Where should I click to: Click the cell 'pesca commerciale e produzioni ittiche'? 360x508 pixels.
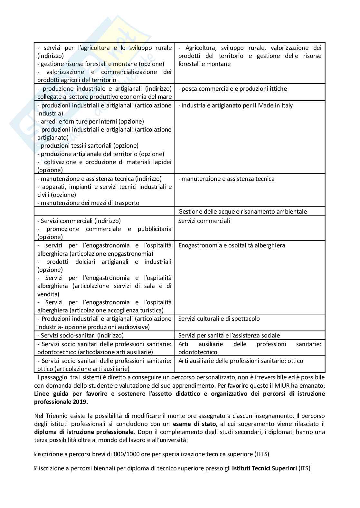pos(232,89)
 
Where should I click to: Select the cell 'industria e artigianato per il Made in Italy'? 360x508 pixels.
pos(235,106)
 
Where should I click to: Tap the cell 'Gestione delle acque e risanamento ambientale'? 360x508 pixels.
pos(242,211)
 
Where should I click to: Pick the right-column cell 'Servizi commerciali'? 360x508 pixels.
pos(204,221)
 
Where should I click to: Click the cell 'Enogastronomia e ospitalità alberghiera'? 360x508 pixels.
pos(232,245)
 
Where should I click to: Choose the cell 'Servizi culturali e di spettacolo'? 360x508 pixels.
pos(219,319)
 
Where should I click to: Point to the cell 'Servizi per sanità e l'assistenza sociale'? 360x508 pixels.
pos(229,336)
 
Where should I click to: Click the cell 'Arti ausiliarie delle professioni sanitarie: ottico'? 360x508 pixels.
pos(241,361)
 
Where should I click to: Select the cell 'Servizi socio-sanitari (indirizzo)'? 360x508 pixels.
pos(81,336)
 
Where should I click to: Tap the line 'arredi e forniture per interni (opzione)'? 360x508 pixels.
pos(91,122)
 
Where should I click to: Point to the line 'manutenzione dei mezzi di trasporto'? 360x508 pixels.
pos(89,203)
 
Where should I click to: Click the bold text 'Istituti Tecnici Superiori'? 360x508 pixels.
pos(264,468)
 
